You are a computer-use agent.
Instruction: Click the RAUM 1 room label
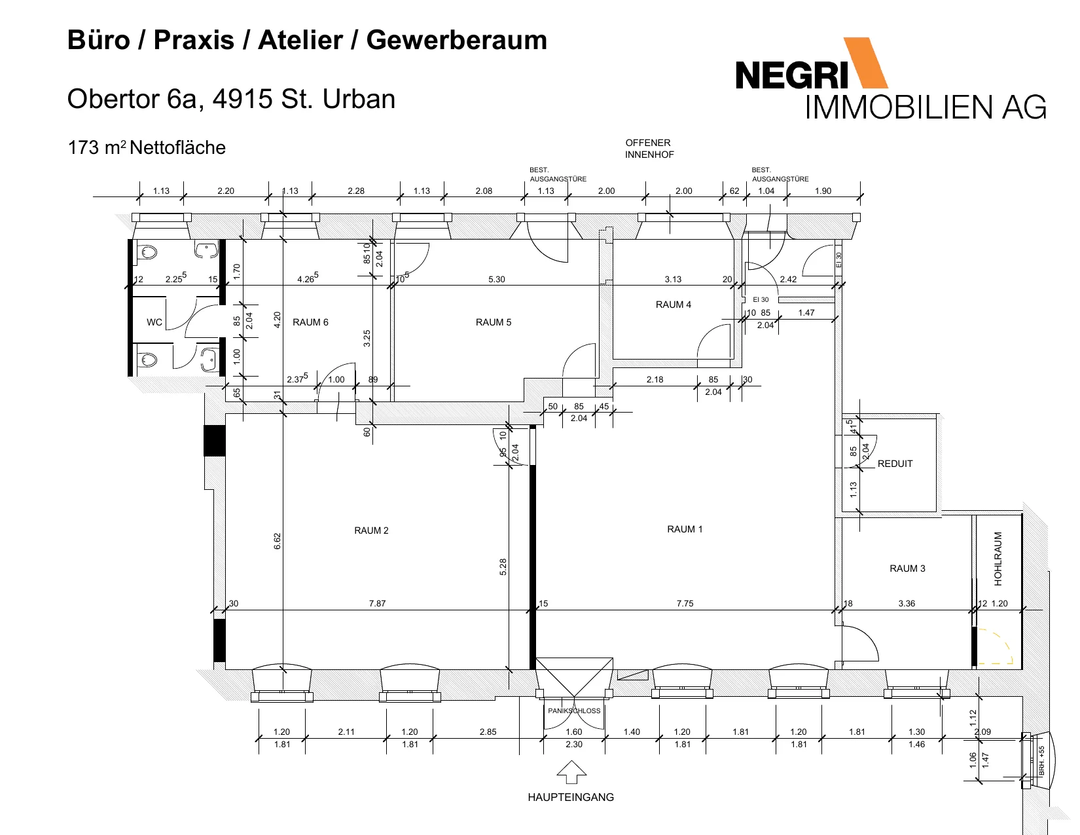pos(685,529)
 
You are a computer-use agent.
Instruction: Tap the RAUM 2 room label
pos(371,530)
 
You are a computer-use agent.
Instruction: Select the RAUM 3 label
pos(907,568)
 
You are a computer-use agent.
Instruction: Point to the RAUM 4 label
pos(673,305)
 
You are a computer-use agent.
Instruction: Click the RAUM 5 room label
pos(493,322)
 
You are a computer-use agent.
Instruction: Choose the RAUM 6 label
pos(310,322)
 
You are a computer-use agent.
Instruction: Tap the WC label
pos(154,322)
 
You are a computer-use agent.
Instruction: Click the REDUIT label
pos(895,464)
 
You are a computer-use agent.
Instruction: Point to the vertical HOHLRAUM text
pos(998,559)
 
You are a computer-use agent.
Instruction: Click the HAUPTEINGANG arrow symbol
pos(571,772)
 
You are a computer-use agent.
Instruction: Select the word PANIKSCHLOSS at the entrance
pos(574,711)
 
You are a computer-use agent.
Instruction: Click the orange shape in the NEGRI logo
pos(865,63)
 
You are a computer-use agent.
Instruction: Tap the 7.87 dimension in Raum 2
pos(377,603)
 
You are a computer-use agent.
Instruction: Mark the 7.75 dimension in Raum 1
pos(685,603)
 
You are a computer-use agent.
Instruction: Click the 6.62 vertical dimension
pos(278,541)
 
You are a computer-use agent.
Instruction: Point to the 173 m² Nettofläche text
pos(147,148)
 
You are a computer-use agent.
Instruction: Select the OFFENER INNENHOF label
pos(649,149)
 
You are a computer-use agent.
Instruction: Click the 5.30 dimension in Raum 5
pos(497,280)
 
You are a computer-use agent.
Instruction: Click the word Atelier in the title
pos(300,40)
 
